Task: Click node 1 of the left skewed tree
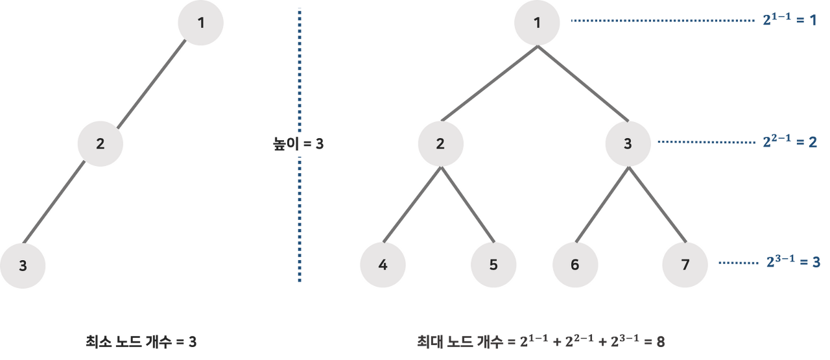click(201, 23)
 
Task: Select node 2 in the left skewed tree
click(101, 143)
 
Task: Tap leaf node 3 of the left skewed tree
click(23, 265)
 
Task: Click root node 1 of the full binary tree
click(536, 23)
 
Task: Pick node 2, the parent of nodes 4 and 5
click(440, 143)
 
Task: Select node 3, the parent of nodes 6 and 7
click(628, 143)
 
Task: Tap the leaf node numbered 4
click(383, 265)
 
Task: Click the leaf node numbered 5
click(493, 265)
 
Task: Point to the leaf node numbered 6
click(575, 265)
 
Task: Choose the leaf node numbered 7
click(685, 265)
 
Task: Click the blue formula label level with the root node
click(788, 20)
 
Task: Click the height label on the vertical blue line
click(299, 143)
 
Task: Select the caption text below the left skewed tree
click(141, 341)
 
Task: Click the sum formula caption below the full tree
click(541, 341)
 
